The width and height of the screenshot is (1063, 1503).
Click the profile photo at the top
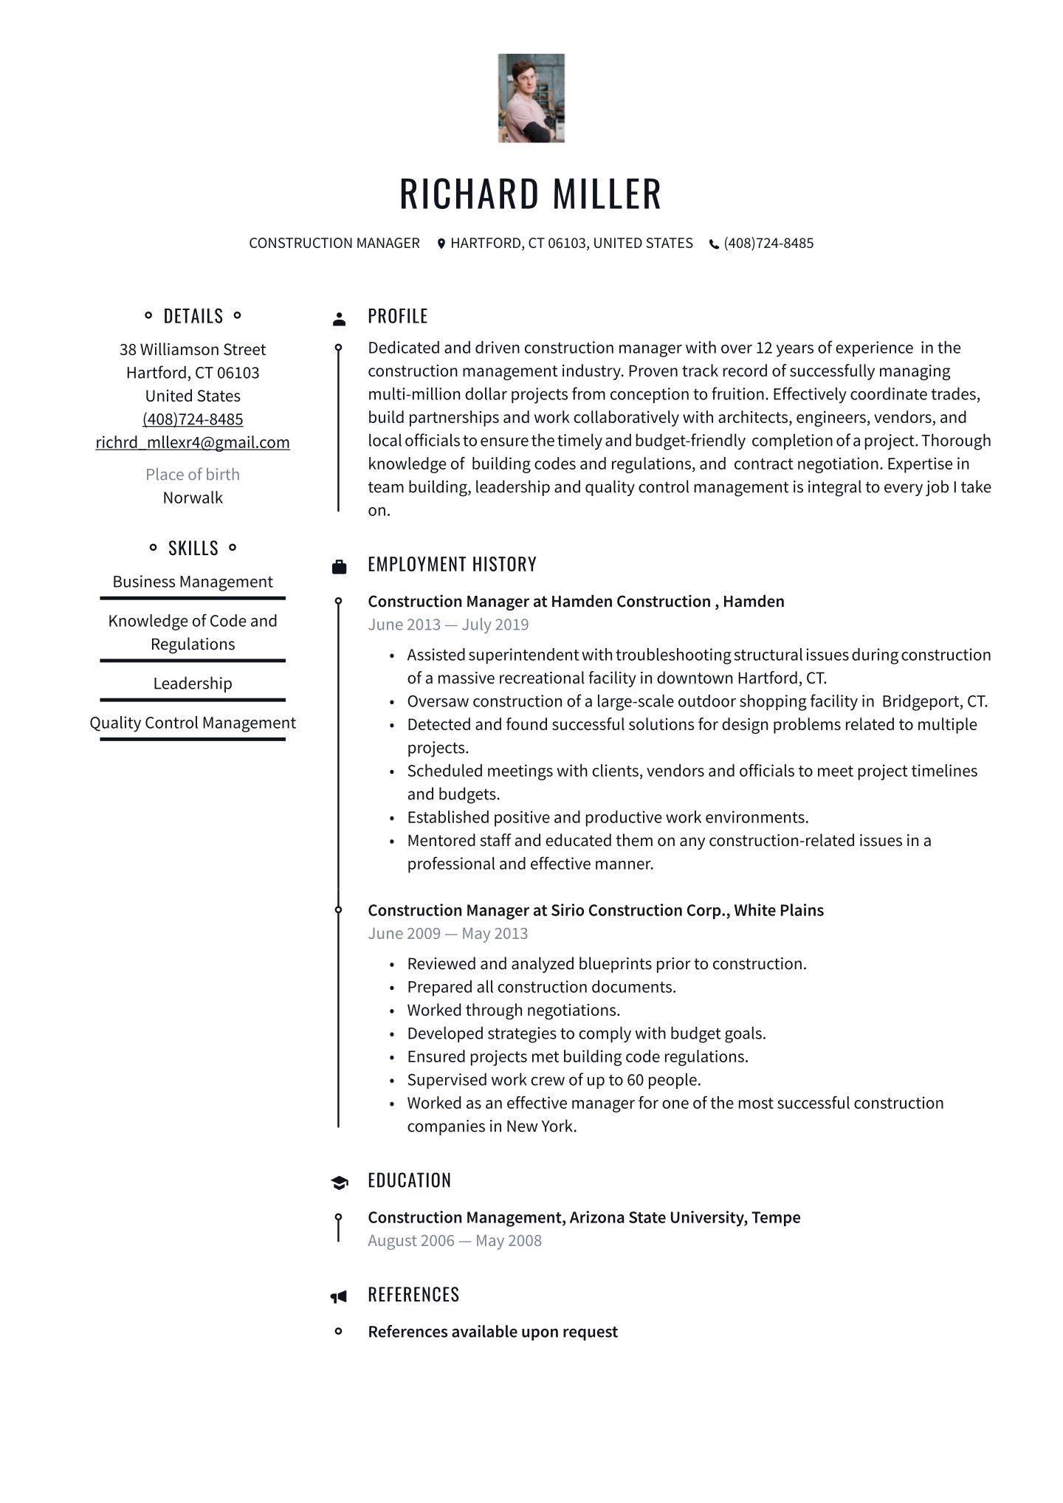[531, 97]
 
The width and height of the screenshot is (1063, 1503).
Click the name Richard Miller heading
[531, 193]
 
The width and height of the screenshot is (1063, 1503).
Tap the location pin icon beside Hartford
[441, 244]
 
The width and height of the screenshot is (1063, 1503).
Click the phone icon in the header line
[714, 244]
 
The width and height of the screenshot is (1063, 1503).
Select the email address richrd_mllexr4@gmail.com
[193, 442]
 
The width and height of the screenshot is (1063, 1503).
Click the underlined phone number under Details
[193, 419]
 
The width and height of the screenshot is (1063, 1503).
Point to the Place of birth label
[193, 475]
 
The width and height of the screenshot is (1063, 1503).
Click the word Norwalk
[193, 498]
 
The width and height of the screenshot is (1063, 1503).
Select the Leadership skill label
[193, 684]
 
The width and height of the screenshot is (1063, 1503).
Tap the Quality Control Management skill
[193, 723]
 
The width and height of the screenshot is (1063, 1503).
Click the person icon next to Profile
[339, 319]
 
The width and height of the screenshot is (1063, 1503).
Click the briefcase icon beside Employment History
[339, 567]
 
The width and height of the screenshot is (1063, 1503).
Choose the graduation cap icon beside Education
[339, 1183]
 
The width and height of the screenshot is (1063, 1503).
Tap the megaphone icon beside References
[338, 1296]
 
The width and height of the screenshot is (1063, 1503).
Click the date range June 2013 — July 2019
[448, 625]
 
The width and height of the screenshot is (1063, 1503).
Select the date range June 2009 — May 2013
[448, 933]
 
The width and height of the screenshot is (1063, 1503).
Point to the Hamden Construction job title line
[576, 602]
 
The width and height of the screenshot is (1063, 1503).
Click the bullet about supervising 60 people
[554, 1080]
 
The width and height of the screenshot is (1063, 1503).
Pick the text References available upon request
[492, 1332]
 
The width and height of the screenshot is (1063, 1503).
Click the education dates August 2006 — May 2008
[455, 1240]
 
